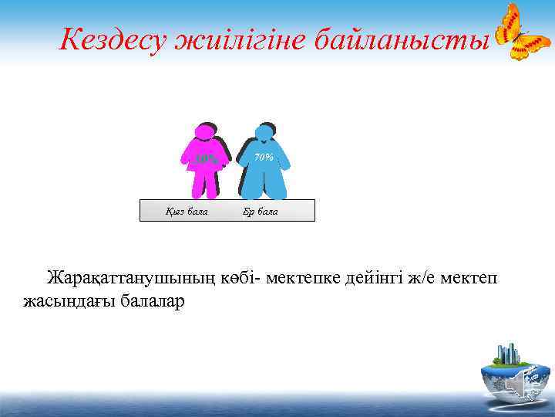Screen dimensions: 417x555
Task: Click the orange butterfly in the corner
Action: pos(521,32)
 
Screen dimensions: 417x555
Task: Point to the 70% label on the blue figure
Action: pos(264,158)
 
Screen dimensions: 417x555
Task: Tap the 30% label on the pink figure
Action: pos(205,160)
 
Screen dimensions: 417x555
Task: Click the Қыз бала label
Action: pos(187,211)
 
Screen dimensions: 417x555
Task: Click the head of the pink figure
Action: pos(204,133)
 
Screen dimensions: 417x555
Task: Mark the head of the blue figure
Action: pos(264,133)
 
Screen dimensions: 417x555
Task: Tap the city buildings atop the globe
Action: pos(510,354)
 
